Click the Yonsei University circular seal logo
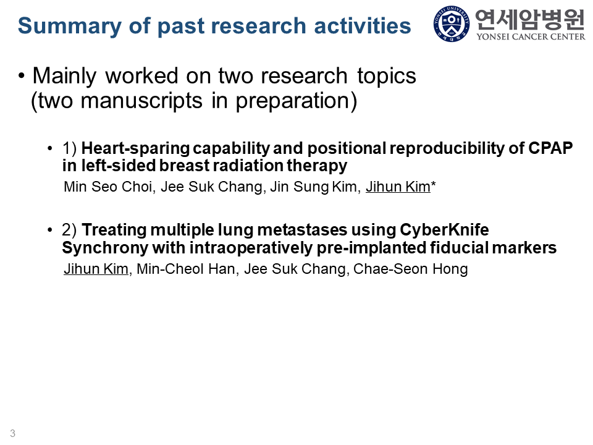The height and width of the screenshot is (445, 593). pyautogui.click(x=452, y=24)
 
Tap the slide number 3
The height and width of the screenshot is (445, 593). pyautogui.click(x=13, y=433)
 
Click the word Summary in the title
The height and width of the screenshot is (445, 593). pyautogui.click(x=70, y=27)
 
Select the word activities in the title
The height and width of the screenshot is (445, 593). pyautogui.click(x=363, y=26)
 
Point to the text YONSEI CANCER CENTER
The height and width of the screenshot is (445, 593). pyautogui.click(x=531, y=36)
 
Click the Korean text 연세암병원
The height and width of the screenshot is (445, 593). pyautogui.click(x=530, y=19)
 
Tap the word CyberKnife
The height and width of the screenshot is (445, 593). pyautogui.click(x=444, y=230)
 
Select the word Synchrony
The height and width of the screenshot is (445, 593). pyautogui.click(x=105, y=248)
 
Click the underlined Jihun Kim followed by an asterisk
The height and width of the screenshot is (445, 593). pyautogui.click(x=398, y=187)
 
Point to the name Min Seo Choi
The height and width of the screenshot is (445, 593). pyautogui.click(x=108, y=187)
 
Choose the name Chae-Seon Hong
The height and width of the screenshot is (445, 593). pyautogui.click(x=411, y=269)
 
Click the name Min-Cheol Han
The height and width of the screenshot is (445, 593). pyautogui.click(x=186, y=269)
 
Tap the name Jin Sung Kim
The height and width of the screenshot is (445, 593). pyautogui.click(x=313, y=187)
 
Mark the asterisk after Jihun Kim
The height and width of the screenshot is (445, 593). pyautogui.click(x=434, y=184)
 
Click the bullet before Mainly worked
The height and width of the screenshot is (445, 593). pyautogui.click(x=22, y=76)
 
